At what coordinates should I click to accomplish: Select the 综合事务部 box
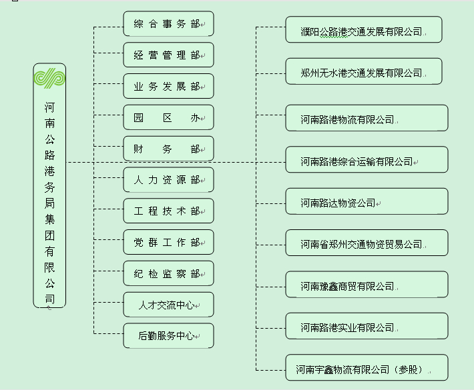[168, 24]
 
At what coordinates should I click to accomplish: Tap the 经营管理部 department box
[168, 55]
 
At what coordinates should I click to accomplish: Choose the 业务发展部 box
[168, 87]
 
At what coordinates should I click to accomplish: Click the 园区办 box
[168, 118]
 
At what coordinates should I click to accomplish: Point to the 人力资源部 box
[168, 180]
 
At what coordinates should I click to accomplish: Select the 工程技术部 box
[168, 211]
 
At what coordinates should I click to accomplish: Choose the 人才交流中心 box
[168, 305]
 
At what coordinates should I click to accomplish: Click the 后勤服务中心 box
[168, 336]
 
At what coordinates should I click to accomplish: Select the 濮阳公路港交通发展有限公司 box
[364, 31]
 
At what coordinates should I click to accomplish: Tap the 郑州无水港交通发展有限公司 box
[364, 72]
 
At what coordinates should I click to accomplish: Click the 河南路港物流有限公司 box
[367, 119]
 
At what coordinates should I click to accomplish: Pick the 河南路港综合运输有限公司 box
[367, 161]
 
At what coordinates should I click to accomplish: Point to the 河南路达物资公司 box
[367, 202]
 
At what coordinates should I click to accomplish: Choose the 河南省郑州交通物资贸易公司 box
[367, 244]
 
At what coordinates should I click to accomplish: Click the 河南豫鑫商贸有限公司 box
[367, 285]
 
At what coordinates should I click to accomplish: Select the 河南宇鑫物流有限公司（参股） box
[367, 368]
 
